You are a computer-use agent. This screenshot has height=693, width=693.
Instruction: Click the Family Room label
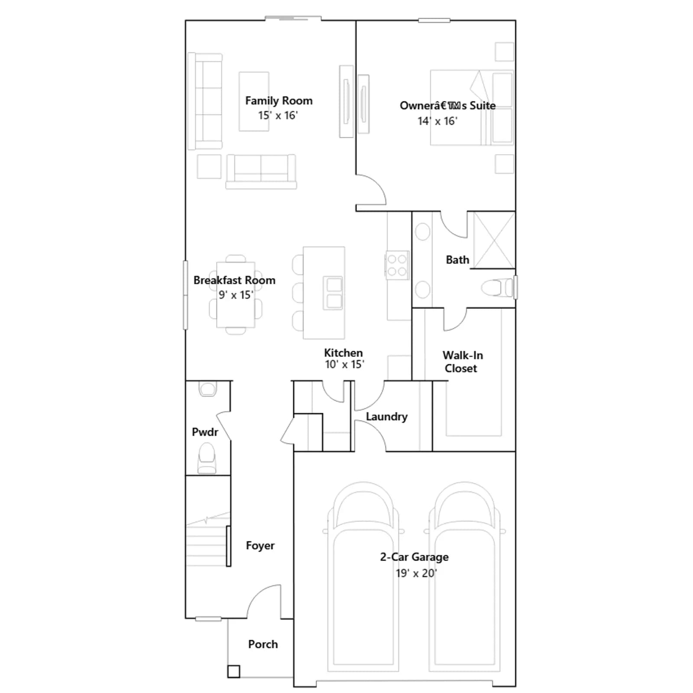click(x=278, y=101)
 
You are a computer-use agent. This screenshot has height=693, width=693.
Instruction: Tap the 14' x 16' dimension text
click(x=437, y=121)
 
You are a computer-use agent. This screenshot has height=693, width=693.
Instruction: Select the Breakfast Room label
click(x=234, y=280)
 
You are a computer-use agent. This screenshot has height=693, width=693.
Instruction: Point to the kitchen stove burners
click(x=397, y=266)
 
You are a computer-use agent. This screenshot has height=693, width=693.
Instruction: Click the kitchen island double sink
click(x=333, y=293)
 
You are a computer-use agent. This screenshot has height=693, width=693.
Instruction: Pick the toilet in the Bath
click(x=498, y=288)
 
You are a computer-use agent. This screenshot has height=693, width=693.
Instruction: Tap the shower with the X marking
click(x=493, y=240)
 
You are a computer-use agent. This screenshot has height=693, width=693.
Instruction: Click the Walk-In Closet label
click(x=462, y=362)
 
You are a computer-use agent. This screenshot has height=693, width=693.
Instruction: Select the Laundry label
click(x=387, y=417)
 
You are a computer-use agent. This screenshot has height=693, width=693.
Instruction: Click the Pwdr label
click(x=205, y=432)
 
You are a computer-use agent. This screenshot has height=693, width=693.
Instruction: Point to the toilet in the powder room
click(x=207, y=458)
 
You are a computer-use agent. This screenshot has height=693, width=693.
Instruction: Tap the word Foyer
click(x=260, y=546)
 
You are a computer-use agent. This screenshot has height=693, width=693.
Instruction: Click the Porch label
click(x=263, y=644)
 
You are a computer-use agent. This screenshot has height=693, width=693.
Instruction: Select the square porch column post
click(x=233, y=672)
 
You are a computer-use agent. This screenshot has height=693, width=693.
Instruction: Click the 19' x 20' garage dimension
click(x=416, y=573)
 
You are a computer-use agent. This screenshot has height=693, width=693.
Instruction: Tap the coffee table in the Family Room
click(x=254, y=101)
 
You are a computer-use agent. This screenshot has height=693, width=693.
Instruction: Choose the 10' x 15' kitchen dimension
click(x=344, y=365)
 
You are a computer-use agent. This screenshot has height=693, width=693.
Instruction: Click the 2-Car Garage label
click(x=414, y=557)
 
